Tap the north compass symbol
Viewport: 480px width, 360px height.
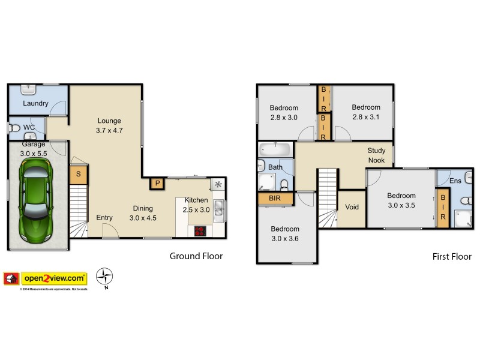[105, 277]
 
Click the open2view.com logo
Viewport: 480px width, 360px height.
[54, 278]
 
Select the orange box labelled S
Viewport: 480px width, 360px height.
[77, 175]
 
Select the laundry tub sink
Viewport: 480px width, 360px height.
[29, 89]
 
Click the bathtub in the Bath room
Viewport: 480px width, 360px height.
[275, 149]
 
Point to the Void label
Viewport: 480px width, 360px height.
[352, 207]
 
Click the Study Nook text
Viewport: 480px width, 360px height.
[376, 155]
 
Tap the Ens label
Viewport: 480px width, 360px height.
[455, 180]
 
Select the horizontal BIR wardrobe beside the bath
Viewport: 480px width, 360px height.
[275, 197]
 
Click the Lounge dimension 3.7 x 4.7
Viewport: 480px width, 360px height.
[109, 130]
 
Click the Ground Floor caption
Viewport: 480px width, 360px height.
[196, 256]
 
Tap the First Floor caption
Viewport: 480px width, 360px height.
[452, 257]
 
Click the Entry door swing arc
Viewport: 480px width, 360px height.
[109, 230]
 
